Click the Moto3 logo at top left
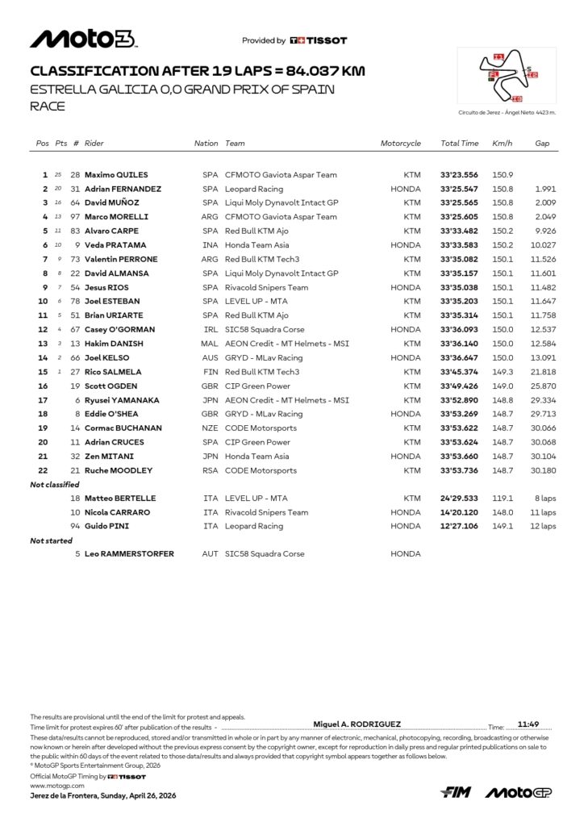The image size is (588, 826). tap(84, 39)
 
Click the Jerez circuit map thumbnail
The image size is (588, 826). tap(507, 77)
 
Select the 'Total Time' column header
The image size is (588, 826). tap(460, 144)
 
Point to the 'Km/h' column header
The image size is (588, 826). tap(502, 144)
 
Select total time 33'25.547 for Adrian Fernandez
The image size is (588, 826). tap(460, 189)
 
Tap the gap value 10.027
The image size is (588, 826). tap(544, 245)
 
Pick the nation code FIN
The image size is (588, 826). tap(211, 372)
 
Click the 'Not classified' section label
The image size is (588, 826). tap(55, 485)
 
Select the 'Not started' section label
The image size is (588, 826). tap(52, 540)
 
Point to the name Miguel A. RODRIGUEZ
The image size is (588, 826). tap(357, 724)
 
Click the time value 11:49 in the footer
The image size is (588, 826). tap(528, 724)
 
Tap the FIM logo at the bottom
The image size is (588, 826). tap(456, 793)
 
